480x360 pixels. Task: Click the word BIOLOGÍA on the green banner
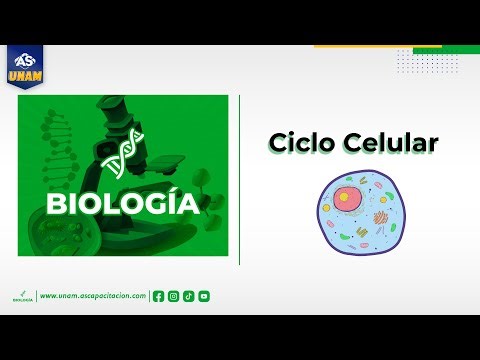click(x=122, y=205)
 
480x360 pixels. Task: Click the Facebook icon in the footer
click(x=158, y=296)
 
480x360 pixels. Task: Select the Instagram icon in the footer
click(x=173, y=296)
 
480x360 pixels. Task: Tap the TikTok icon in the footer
click(x=188, y=296)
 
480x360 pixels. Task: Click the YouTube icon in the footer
click(x=204, y=296)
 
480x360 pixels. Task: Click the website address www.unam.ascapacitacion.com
click(x=93, y=296)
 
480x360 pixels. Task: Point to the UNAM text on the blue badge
click(x=25, y=74)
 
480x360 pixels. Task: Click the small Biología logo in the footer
click(x=22, y=296)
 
